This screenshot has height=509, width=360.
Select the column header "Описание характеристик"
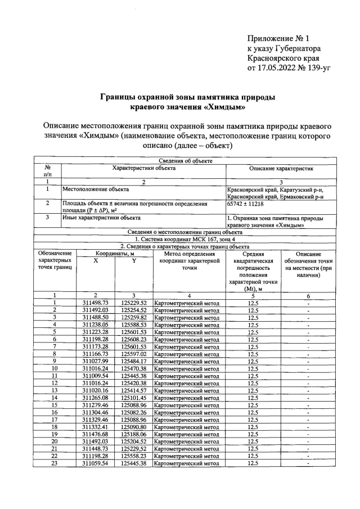(281, 168)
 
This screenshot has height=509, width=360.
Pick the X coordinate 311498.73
(95, 303)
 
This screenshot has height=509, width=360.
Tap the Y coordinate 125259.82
(133, 317)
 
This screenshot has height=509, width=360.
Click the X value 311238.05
(95, 325)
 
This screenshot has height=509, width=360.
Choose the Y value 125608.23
(133, 339)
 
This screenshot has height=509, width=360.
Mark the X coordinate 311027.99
(95, 361)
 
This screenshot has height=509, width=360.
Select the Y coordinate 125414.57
(133, 390)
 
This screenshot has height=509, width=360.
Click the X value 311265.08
(95, 398)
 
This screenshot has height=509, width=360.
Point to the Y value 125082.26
(133, 412)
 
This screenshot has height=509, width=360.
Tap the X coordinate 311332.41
(95, 427)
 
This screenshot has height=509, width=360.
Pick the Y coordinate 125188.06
(133, 434)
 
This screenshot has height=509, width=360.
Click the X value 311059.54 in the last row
(95, 463)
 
